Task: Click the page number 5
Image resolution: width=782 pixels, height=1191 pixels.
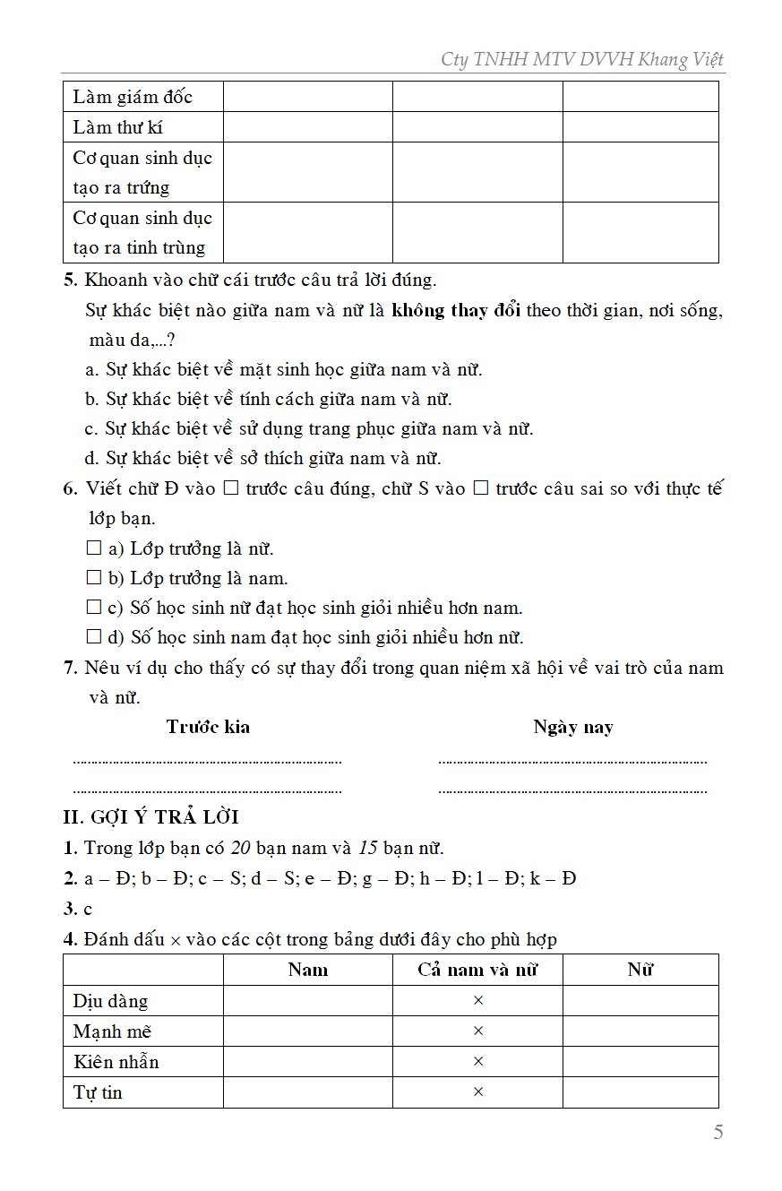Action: pos(718,1133)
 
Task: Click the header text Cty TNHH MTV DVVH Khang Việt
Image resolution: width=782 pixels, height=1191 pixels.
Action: pos(581,60)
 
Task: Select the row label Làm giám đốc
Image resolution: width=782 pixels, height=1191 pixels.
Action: pos(133,97)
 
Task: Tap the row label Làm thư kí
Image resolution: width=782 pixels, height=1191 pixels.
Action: pos(118,127)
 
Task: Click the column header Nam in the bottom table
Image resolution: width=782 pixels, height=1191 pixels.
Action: pos(308,970)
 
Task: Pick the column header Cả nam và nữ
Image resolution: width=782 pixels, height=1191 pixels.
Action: pos(477,970)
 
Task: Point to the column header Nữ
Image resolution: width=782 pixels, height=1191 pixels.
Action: pos(640,970)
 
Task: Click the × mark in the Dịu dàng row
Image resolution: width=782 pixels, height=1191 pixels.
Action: pos(477,1001)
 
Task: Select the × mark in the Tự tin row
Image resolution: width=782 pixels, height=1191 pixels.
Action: pos(477,1092)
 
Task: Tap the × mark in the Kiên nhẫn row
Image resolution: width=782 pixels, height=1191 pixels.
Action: pos(477,1062)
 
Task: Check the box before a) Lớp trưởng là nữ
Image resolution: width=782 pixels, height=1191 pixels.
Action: pos(94,548)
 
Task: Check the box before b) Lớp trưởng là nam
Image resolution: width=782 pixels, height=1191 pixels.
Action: pos(94,578)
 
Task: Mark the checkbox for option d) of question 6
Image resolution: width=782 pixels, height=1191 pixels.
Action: pos(94,637)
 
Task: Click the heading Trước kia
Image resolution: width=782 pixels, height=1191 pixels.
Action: pos(208,727)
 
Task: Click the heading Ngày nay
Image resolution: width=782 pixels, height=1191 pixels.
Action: pos(573,727)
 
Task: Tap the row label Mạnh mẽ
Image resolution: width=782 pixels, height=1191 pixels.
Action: pos(112,1031)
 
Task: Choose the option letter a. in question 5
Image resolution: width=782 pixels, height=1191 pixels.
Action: pos(91,369)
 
